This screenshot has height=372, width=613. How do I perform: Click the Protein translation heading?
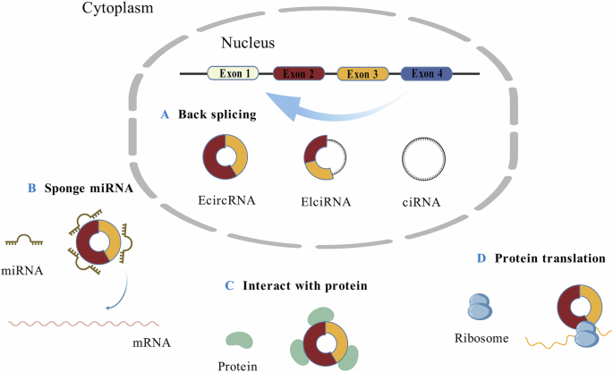click(x=545, y=259)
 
